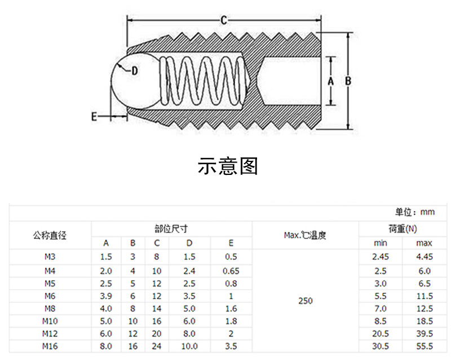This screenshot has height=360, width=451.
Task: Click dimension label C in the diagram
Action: (x=223, y=21)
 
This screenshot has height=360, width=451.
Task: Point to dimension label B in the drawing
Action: (x=348, y=81)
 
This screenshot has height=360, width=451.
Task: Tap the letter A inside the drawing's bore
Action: (x=331, y=81)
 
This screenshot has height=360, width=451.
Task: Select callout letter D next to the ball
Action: (x=134, y=71)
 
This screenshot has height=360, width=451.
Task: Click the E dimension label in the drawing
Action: (x=94, y=116)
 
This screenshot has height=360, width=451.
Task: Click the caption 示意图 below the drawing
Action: (x=228, y=165)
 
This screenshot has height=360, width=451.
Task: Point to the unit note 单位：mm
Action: (x=415, y=212)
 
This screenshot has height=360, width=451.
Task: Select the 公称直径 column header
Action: (x=50, y=235)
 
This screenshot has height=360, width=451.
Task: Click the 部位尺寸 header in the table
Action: (x=171, y=229)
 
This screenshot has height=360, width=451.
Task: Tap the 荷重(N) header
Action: (x=403, y=229)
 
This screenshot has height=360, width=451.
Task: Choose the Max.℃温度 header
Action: (x=305, y=235)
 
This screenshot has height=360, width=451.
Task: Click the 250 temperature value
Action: (x=305, y=301)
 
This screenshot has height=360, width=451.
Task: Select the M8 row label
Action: (x=50, y=309)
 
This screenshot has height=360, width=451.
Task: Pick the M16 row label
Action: (x=50, y=346)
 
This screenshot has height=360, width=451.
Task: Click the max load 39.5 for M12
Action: (x=424, y=333)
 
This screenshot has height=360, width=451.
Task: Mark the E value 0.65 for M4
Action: (x=231, y=270)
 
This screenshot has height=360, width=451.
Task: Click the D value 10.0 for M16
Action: (x=189, y=346)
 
